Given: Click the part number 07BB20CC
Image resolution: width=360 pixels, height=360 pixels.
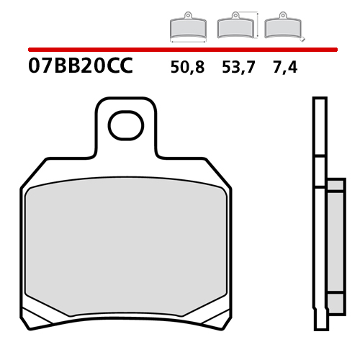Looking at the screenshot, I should (x=80, y=69).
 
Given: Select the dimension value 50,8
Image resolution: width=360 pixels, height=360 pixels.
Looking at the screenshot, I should (x=188, y=69).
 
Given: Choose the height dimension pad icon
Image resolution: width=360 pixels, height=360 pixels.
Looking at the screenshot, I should (x=235, y=27).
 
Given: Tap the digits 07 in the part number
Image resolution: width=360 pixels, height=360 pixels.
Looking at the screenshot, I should (x=40, y=69).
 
